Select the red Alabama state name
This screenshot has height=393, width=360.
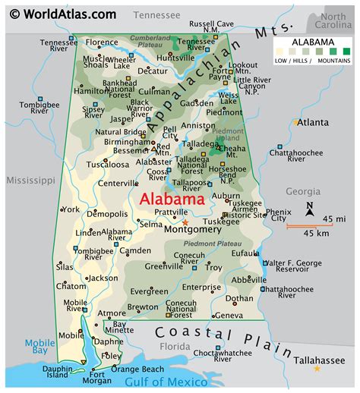tap(172, 200)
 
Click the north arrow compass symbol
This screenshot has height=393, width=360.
tap(310, 208)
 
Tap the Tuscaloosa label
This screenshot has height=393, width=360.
tap(108, 164)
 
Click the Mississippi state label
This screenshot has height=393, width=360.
tap(31, 181)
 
